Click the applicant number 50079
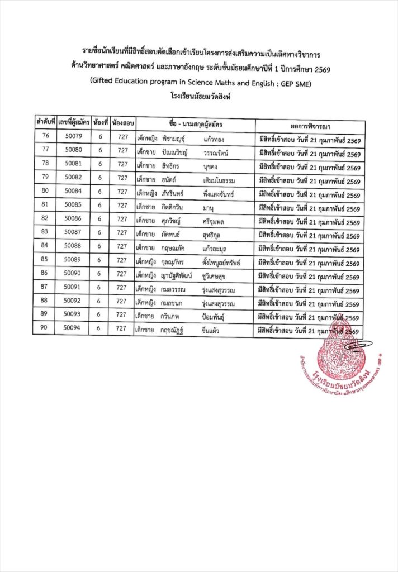click(x=74, y=136)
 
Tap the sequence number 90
click(x=44, y=328)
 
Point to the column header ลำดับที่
click(x=45, y=121)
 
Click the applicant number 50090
click(x=73, y=273)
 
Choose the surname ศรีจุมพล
click(x=216, y=220)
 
